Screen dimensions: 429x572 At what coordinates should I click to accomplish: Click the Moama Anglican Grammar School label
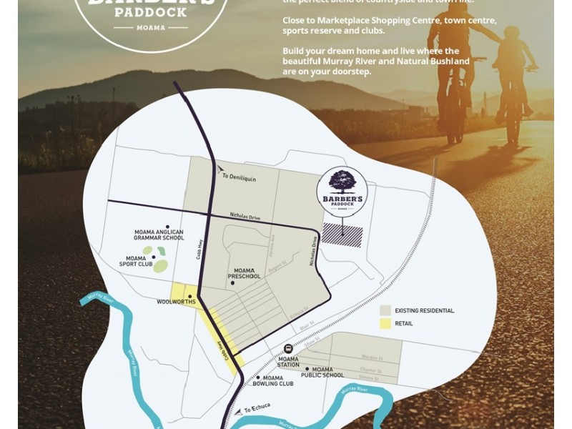point(159,235)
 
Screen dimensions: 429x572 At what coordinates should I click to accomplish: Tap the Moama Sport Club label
point(136,261)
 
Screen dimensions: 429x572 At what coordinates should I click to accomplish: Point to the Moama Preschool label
point(244,273)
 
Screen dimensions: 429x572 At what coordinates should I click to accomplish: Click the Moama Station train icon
point(288,348)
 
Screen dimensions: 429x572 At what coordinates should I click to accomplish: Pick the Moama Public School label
point(322,372)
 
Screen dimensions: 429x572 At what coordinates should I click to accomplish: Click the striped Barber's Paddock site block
point(342,235)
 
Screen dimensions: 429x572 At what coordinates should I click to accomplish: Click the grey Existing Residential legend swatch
point(385,310)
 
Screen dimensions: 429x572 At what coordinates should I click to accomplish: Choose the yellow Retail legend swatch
point(385,324)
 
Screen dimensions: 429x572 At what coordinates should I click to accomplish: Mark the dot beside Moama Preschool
point(233,283)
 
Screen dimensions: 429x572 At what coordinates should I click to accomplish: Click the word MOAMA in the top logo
point(150,28)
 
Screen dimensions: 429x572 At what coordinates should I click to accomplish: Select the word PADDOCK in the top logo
point(150,12)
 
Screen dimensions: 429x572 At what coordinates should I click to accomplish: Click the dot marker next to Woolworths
point(190,295)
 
